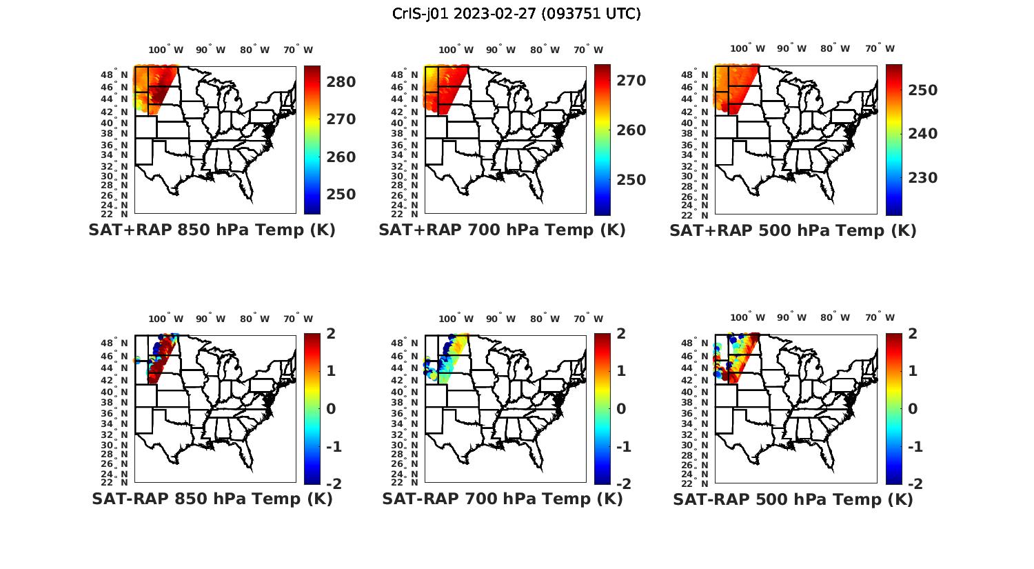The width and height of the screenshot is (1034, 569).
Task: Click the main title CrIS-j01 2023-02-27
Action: [516, 14]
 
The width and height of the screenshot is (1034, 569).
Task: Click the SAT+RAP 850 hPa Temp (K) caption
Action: [212, 230]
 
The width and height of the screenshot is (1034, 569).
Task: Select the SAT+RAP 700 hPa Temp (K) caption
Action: [502, 230]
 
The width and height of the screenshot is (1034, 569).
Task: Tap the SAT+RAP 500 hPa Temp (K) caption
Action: [793, 230]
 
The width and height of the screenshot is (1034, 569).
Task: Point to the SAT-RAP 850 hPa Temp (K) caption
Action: [212, 499]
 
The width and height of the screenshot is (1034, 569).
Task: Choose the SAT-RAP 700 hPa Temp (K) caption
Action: [502, 499]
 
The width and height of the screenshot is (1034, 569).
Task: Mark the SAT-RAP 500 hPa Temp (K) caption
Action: [793, 499]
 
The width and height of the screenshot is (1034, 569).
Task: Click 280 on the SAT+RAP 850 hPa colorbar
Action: [341, 82]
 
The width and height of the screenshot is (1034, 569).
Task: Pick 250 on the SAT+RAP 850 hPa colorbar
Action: [341, 194]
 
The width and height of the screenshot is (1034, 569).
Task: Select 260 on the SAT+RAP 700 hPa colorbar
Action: [631, 130]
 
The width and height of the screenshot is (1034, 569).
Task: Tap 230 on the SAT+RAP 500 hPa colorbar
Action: [922, 178]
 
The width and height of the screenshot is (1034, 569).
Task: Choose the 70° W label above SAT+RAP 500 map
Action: [880, 48]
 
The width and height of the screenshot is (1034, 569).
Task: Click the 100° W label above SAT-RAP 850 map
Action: [166, 319]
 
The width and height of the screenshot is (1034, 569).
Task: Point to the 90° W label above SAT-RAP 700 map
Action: [500, 319]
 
